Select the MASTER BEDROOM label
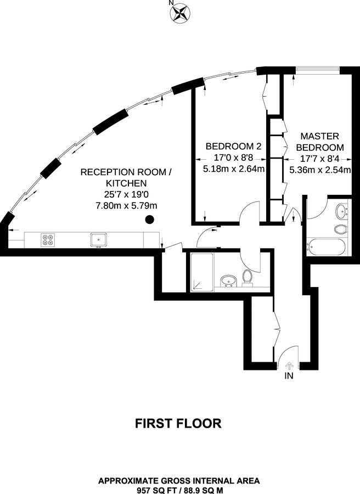[320, 142]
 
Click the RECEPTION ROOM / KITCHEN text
[126, 177]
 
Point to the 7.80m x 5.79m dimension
[126, 206]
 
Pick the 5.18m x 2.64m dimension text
[234, 170]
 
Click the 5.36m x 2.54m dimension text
[320, 170]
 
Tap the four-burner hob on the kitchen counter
[48, 239]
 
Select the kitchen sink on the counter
[99, 239]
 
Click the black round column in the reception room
[149, 221]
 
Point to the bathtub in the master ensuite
[327, 246]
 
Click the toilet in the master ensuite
[340, 228]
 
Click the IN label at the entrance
[289, 377]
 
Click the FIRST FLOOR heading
[178, 423]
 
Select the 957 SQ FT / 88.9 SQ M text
[178, 490]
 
